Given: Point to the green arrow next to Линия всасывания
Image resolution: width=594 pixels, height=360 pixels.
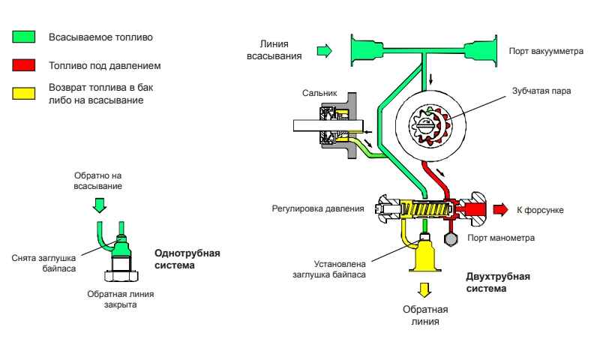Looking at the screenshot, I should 323,51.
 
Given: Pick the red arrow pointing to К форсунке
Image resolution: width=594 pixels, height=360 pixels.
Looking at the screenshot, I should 499,208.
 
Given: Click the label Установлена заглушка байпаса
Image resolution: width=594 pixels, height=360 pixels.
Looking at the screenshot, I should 341,268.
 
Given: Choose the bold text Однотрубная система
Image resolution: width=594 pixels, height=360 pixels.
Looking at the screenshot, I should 187,257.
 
